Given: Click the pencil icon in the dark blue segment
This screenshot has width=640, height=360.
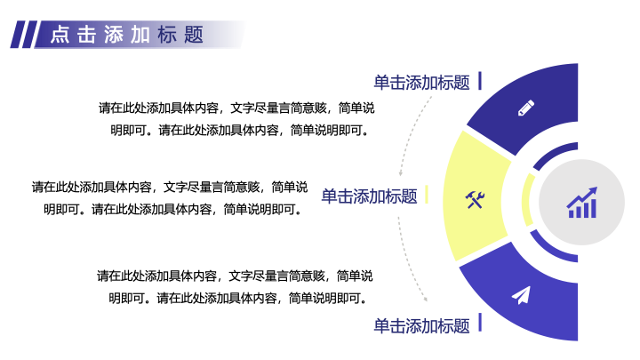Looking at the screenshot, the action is click(x=526, y=108).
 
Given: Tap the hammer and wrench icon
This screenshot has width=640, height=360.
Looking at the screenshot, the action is click(x=475, y=200).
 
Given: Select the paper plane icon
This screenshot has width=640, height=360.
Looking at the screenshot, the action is click(x=521, y=295).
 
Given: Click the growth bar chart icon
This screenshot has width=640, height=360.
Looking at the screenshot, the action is click(x=582, y=203).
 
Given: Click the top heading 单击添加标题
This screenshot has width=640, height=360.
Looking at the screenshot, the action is click(x=421, y=83).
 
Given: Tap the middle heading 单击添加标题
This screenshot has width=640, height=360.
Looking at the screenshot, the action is click(x=370, y=196).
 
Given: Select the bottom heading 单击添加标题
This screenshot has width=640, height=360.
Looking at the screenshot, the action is click(x=421, y=326).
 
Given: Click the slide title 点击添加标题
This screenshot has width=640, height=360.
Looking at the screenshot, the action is click(x=127, y=35).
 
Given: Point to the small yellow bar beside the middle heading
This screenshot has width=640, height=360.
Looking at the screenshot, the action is click(x=427, y=194).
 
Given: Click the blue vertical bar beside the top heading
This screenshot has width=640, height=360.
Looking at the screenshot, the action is click(x=480, y=80).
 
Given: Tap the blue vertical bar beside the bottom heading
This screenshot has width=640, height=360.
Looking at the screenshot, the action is click(x=480, y=323).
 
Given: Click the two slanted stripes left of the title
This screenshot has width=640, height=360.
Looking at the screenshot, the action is click(x=24, y=35).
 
